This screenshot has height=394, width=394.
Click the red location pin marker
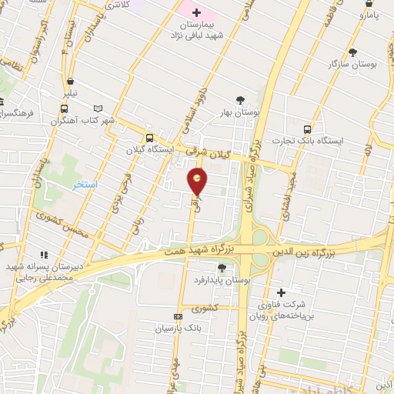pyautogui.click(x=198, y=182)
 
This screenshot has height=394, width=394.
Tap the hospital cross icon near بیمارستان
pyautogui.click(x=195, y=12)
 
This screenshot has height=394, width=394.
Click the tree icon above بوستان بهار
pyautogui.click(x=241, y=99)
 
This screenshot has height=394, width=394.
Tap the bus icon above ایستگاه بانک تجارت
pyautogui.click(x=308, y=129)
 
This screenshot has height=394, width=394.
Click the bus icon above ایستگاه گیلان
pyautogui.click(x=149, y=138)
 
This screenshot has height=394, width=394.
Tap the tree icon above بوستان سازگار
pyautogui.click(x=352, y=52)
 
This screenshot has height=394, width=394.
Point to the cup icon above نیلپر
pyautogui.click(x=71, y=81)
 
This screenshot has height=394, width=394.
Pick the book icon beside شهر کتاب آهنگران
pyautogui.click(x=97, y=109)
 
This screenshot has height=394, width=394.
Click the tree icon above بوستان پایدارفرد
pyautogui.click(x=222, y=267)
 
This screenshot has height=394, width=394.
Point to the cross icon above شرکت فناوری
pyautogui.click(x=281, y=292)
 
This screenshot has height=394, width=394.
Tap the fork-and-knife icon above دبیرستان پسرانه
pyautogui.click(x=44, y=254)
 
